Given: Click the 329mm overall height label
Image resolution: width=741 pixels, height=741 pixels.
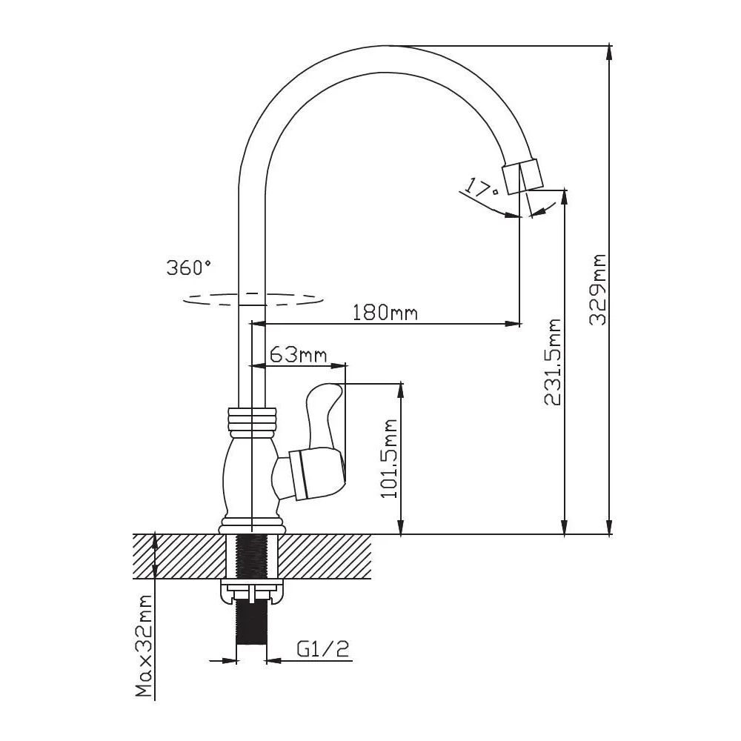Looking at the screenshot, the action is click(598, 290).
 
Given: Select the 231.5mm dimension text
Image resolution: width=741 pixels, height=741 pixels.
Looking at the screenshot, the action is click(552, 362).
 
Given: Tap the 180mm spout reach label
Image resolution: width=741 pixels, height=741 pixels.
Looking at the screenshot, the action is click(385, 313).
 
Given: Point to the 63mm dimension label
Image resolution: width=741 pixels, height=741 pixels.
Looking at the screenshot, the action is click(298, 354).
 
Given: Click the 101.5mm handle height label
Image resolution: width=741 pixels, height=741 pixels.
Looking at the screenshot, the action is click(388, 459).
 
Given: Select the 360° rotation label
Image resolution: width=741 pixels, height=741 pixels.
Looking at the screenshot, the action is click(188, 268).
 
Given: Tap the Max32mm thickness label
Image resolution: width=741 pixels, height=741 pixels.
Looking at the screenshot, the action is click(144, 645).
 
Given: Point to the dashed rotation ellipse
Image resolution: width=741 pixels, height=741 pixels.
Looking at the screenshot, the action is click(253, 299).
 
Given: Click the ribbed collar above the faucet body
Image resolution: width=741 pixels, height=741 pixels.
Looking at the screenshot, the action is click(251, 421).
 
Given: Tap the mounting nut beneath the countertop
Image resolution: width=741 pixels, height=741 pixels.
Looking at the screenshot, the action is click(252, 592).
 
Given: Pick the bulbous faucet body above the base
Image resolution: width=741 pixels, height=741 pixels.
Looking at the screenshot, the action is click(251, 476).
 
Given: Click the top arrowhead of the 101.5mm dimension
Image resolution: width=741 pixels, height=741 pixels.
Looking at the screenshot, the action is click(401, 391).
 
